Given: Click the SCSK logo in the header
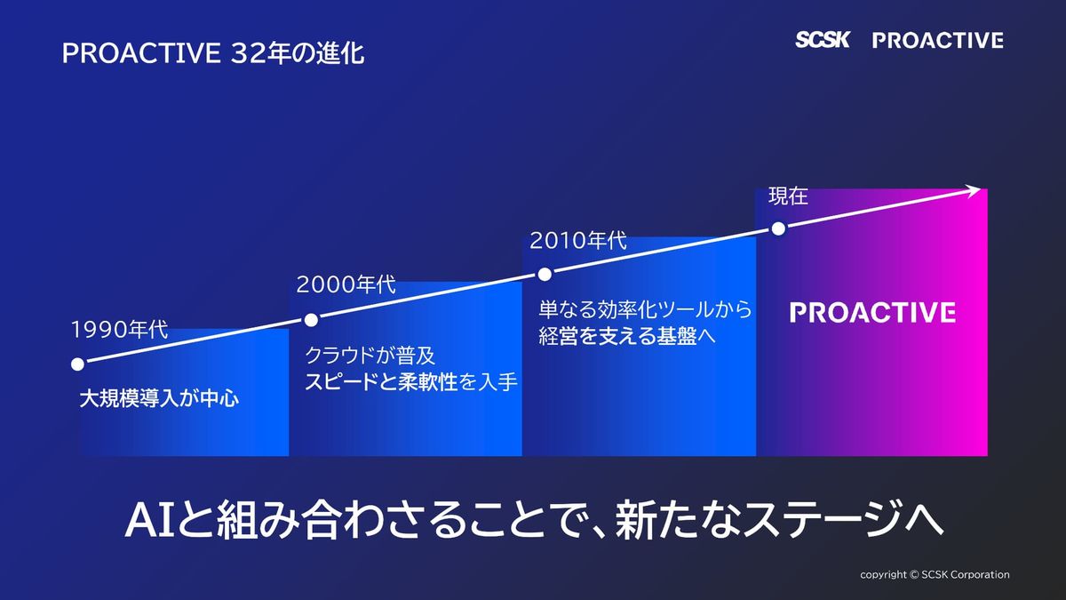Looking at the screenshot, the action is (822, 39).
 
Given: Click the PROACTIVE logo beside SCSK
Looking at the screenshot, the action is (938, 40).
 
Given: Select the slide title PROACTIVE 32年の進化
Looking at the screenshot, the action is (213, 52).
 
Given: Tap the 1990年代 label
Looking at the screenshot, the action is (119, 330).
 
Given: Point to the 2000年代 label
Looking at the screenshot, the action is (346, 284).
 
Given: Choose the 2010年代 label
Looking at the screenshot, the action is (578, 240).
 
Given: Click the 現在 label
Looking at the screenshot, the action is (788, 196).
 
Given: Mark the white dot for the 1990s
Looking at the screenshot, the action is (77, 364).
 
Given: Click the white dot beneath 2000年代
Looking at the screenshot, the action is (311, 320).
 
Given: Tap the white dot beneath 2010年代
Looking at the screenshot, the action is (545, 275).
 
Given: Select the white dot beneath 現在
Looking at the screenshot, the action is (778, 229).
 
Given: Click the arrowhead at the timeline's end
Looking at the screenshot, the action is (975, 190).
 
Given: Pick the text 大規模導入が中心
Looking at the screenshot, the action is (159, 398).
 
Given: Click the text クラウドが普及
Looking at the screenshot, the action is (370, 356).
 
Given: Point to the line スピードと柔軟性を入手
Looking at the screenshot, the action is (410, 382).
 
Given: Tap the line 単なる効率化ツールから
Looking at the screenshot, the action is (645, 309).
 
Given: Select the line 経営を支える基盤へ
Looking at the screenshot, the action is (627, 336).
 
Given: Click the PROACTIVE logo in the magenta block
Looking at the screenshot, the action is (872, 312).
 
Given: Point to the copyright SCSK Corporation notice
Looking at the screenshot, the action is (935, 575).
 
